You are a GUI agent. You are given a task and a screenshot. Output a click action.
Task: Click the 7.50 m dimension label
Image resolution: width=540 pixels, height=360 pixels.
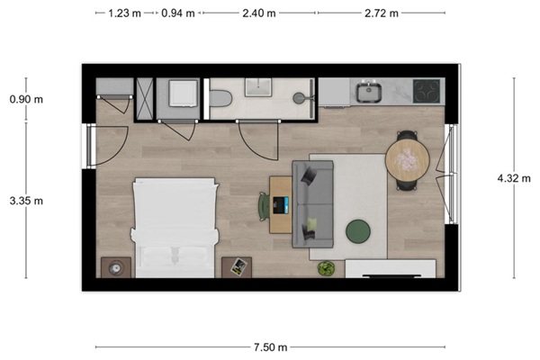click(270, 347)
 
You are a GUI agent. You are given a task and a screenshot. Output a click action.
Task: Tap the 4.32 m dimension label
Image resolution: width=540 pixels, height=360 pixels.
click(514, 178)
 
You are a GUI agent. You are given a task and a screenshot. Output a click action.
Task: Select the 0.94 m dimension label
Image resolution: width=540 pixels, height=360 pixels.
click(178, 13)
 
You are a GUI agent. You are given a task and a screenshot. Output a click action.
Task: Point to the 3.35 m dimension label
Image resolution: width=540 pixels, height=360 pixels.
click(26, 201)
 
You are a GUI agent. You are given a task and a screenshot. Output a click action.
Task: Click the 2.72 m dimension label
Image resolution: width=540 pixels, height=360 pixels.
click(382, 13)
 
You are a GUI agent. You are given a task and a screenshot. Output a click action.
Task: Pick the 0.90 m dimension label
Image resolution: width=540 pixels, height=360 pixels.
click(26, 99)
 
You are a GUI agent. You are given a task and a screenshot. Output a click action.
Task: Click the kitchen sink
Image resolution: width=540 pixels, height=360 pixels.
click(368, 92)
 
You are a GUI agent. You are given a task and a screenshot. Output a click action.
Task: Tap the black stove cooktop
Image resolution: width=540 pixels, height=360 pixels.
click(427, 91)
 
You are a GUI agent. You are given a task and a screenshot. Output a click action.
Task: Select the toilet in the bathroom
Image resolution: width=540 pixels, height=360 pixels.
click(220, 98)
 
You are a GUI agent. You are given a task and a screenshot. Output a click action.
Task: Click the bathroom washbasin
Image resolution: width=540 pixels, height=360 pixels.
click(258, 87)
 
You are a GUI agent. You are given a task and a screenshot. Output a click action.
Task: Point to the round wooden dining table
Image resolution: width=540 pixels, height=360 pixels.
click(408, 160)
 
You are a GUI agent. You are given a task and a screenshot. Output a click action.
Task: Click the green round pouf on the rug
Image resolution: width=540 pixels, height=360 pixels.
click(358, 231)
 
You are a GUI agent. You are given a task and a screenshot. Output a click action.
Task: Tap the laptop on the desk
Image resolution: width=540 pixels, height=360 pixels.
click(280, 205)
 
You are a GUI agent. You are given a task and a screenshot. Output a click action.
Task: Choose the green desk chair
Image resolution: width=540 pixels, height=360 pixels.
click(264, 206)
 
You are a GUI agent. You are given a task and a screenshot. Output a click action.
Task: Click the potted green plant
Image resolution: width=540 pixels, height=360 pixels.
click(326, 268)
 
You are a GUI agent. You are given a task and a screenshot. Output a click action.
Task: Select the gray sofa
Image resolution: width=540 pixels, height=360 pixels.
click(312, 204)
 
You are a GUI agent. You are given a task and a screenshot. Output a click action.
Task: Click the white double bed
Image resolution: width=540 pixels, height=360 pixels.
click(175, 228)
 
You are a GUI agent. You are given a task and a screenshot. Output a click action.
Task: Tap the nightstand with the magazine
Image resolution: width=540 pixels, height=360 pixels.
click(237, 267)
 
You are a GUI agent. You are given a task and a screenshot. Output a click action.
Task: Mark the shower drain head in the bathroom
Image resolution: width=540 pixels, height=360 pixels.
click(299, 98)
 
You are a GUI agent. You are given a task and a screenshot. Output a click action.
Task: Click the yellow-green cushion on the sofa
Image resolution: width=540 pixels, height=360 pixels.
click(311, 224)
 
